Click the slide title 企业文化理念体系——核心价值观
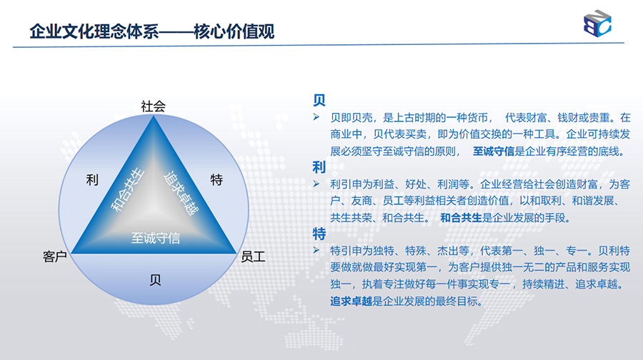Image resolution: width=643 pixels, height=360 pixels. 151,31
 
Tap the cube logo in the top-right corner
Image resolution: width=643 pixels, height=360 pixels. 597,24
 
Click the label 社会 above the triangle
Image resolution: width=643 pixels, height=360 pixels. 153,106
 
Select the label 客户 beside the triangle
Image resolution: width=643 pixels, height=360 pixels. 55,256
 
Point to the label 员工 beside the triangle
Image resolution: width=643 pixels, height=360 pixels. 253,256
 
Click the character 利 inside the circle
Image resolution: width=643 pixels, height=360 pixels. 92,179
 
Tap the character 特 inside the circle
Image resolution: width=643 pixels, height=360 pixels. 216,179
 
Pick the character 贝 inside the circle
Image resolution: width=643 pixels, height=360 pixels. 155,280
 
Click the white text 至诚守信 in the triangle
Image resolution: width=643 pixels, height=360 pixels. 156,238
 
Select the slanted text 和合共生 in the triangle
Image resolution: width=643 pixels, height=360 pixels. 128,189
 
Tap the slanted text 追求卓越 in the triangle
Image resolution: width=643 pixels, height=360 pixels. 181,193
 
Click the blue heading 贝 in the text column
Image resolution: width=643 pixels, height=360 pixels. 319,100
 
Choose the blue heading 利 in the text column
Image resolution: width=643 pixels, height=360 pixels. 319,167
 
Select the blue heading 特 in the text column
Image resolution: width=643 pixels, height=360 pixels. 319,234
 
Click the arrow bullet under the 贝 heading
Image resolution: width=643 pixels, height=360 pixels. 316,117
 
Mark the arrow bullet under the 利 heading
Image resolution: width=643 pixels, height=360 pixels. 316,184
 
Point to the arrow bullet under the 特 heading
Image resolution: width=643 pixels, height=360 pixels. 316,250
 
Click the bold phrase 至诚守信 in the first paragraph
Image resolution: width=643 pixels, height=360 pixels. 493,151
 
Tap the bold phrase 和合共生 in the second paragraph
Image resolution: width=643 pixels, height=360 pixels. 461,218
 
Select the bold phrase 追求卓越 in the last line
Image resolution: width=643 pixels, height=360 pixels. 351,301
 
